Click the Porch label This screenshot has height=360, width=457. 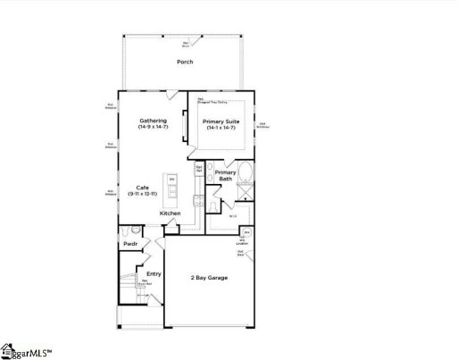tap(185, 62)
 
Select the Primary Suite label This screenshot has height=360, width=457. tap(220, 121)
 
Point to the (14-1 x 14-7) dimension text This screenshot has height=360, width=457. tap(220, 129)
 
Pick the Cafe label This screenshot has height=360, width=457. tap(143, 187)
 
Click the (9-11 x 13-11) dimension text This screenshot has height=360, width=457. tap(143, 194)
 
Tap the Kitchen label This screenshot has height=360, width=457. tap(170, 213)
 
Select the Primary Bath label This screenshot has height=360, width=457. tap(226, 176)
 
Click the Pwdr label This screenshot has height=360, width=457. tap(129, 243)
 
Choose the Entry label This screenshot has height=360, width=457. tap(141, 274)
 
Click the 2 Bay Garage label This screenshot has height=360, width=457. tap(210, 278)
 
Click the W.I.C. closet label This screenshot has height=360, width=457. tap(232, 214)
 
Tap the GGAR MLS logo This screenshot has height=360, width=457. tap(27, 350)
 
